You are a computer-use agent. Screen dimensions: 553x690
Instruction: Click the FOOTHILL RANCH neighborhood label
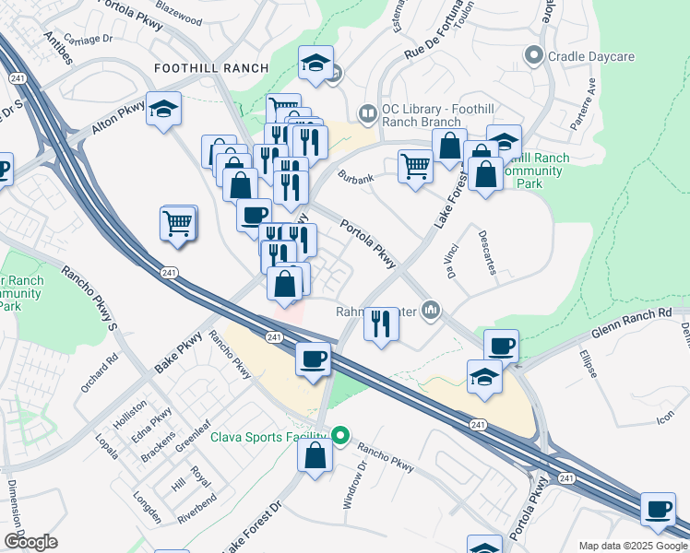(211, 68)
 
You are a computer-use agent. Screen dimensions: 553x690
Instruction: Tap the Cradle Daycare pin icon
(533, 56)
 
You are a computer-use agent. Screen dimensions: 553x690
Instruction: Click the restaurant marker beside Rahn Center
(381, 324)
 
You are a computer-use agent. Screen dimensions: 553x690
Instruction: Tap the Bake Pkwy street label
(178, 353)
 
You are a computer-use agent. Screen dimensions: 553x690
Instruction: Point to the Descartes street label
(489, 253)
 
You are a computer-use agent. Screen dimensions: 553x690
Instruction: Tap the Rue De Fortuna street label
(437, 41)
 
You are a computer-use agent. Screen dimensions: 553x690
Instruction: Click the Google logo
(30, 542)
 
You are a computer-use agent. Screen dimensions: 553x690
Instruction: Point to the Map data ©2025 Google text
(633, 546)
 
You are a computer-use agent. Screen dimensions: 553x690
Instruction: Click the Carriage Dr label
(88, 40)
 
